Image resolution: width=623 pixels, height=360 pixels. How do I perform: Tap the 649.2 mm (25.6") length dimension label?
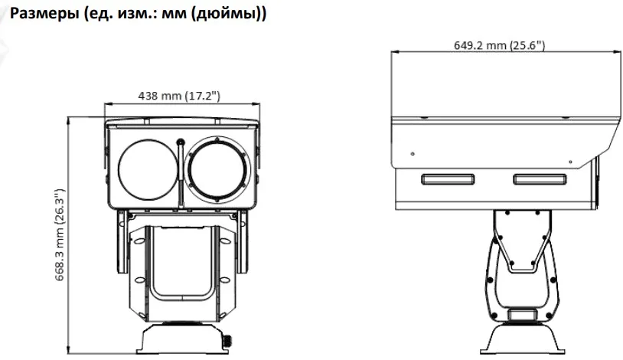pyautogui.click(x=499, y=45)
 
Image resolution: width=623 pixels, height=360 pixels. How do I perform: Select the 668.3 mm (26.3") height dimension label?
pyautogui.click(x=60, y=235)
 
